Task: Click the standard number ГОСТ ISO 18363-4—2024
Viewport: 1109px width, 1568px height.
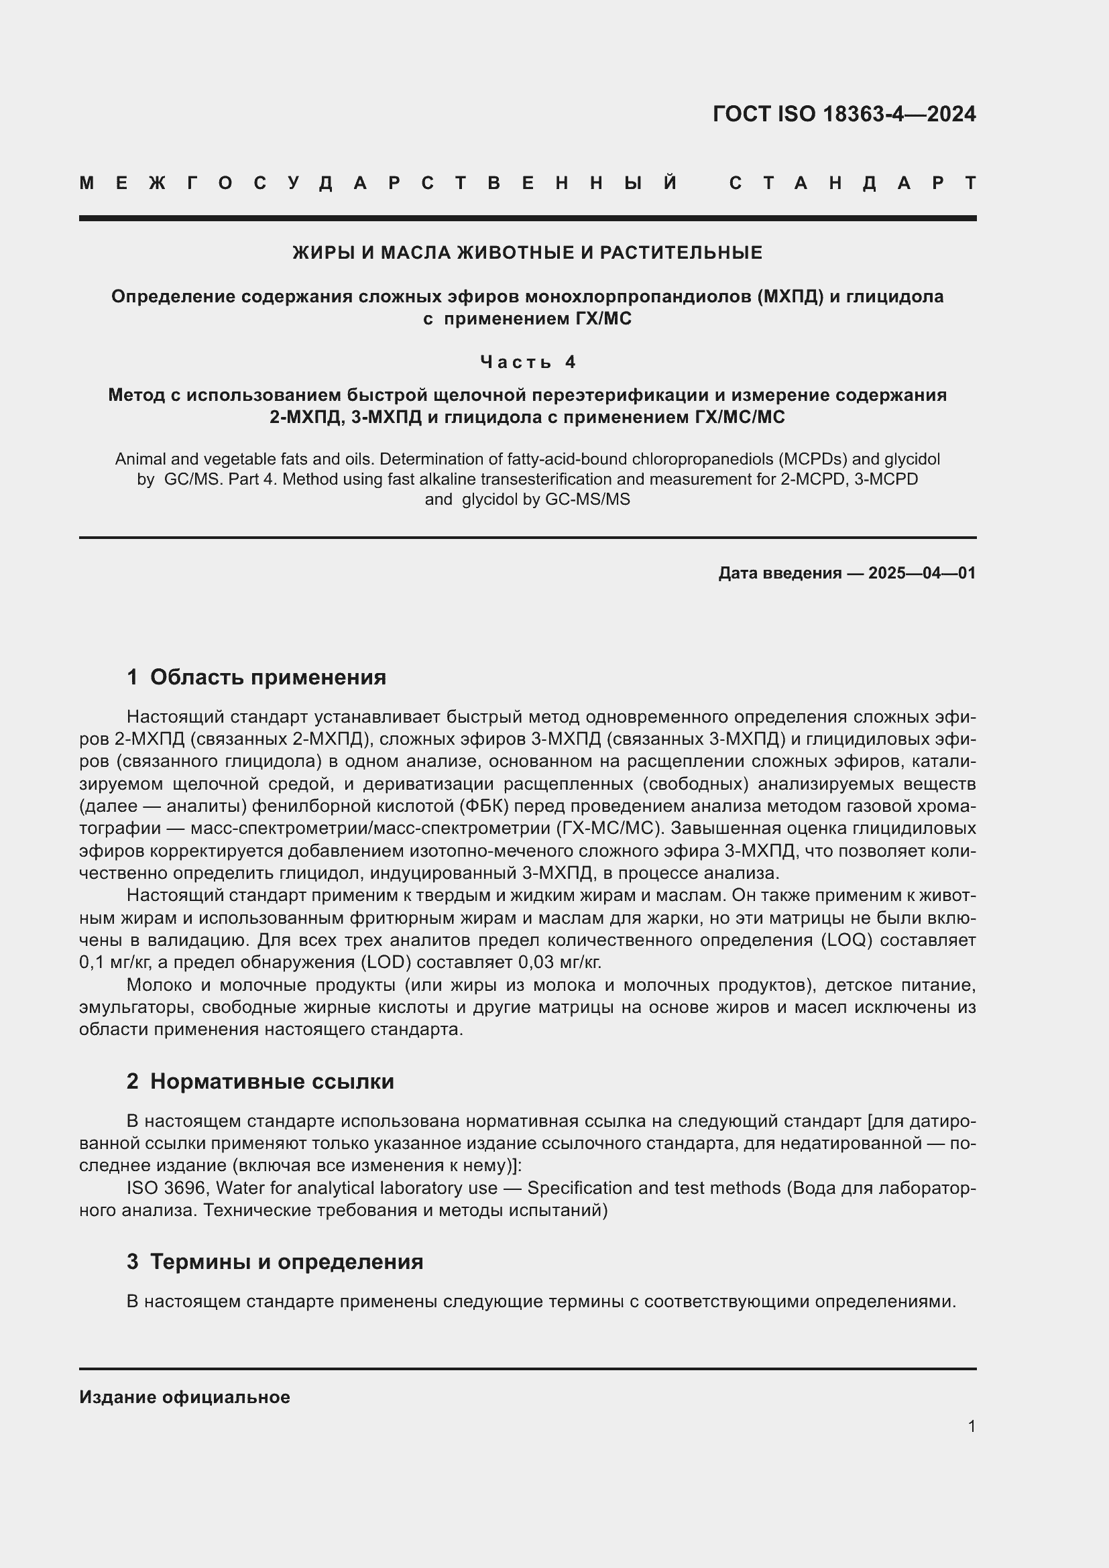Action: pos(844,114)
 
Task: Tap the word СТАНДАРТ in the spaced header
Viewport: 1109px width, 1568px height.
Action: pos(853,183)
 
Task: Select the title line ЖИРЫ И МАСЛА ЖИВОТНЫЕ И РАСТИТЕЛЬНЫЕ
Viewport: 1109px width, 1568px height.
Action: pos(527,253)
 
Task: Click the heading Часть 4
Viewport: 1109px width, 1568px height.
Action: pos(528,361)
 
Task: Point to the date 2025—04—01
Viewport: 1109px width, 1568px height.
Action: pos(922,573)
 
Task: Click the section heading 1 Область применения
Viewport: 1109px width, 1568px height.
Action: pos(256,678)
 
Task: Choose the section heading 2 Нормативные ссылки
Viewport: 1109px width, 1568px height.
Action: pos(260,1082)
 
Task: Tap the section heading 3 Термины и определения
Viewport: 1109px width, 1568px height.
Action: pos(274,1262)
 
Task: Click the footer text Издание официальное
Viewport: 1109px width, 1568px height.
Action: pos(184,1397)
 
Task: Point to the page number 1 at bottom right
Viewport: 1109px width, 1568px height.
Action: pos(971,1426)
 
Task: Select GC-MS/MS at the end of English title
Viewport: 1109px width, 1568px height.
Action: pos(587,499)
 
